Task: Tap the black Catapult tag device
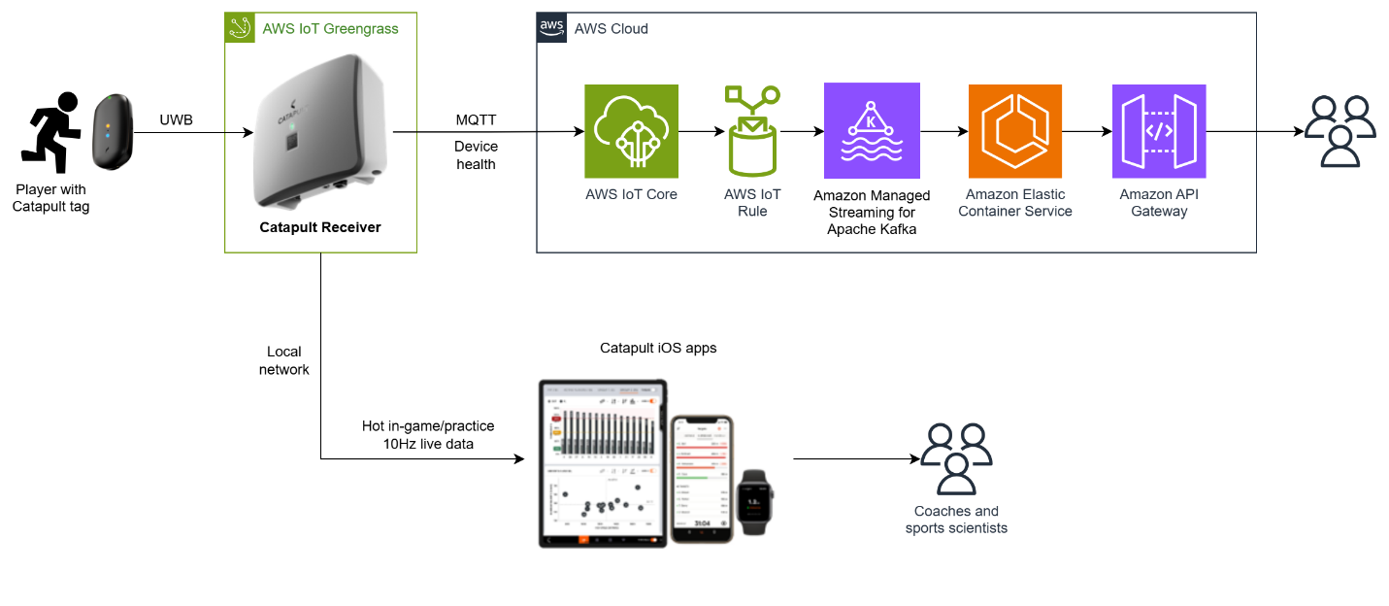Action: tap(113, 131)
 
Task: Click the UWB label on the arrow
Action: tap(176, 120)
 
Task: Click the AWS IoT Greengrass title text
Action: tap(330, 28)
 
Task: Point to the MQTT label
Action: tap(476, 120)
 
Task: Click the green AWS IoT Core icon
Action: tap(631, 131)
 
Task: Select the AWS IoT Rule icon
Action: tap(751, 131)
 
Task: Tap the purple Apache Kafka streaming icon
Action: tap(871, 130)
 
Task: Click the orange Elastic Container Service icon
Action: tap(1014, 131)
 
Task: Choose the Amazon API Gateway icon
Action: tap(1158, 131)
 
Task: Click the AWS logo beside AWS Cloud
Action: tap(552, 28)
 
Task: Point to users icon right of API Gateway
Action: tap(1339, 132)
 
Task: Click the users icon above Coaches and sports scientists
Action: tap(956, 459)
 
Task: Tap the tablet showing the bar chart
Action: tap(603, 463)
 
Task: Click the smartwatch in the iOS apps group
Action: tap(753, 501)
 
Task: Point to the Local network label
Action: tap(283, 360)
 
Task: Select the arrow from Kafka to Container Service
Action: tap(943, 131)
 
